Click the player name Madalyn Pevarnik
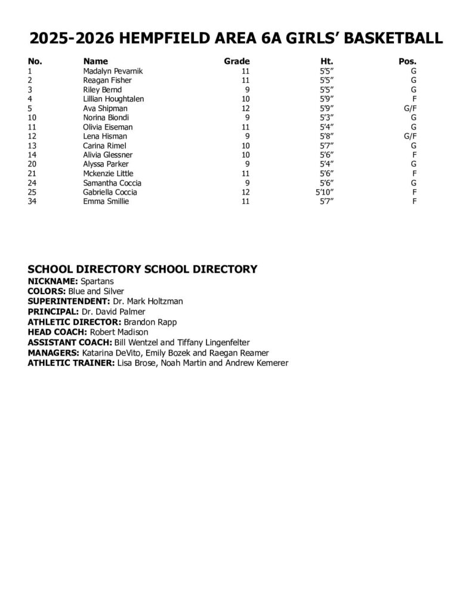click(113, 71)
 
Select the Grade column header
click(236, 61)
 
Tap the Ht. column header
click(326, 61)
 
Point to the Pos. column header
click(407, 61)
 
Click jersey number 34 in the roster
click(33, 202)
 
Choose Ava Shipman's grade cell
click(244, 109)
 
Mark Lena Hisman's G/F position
click(409, 136)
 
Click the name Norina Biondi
click(106, 118)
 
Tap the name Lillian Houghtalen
click(113, 99)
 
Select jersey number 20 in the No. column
click(33, 164)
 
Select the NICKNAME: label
click(53, 280)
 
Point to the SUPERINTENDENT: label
click(68, 301)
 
